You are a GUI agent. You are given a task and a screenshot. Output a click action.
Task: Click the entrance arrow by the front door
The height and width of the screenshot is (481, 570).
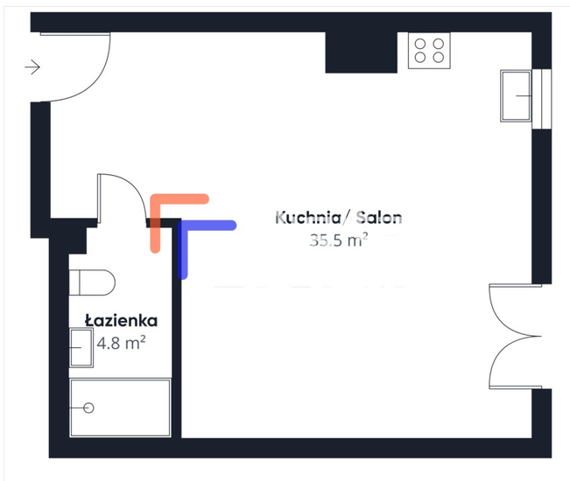point(34,66)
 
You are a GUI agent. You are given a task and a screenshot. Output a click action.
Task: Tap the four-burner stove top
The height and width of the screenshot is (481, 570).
point(428,50)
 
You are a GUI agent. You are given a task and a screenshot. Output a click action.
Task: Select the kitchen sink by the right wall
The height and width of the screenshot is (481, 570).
point(517,94)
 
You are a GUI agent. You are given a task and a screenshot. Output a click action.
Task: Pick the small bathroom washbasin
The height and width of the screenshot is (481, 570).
point(80,347)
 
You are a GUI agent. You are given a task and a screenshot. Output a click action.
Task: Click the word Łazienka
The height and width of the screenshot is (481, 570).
point(121,321)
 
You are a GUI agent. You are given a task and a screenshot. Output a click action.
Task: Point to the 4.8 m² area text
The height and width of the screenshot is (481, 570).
point(121,343)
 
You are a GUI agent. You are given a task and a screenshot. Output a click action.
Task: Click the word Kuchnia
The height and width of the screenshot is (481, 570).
point(303,218)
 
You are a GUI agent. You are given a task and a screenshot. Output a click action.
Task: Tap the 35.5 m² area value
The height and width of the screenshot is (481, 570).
point(338,240)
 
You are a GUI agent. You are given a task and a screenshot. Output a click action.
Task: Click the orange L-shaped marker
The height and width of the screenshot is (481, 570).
point(166,210)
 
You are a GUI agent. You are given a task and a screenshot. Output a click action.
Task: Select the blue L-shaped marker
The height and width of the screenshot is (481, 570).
point(197,236)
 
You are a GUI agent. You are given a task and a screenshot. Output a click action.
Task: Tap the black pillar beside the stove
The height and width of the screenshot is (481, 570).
point(350,52)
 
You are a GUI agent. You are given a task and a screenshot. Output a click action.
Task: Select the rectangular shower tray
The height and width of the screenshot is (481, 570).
point(121,408)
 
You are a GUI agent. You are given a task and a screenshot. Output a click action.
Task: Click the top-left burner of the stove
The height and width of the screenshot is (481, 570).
point(419,42)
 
